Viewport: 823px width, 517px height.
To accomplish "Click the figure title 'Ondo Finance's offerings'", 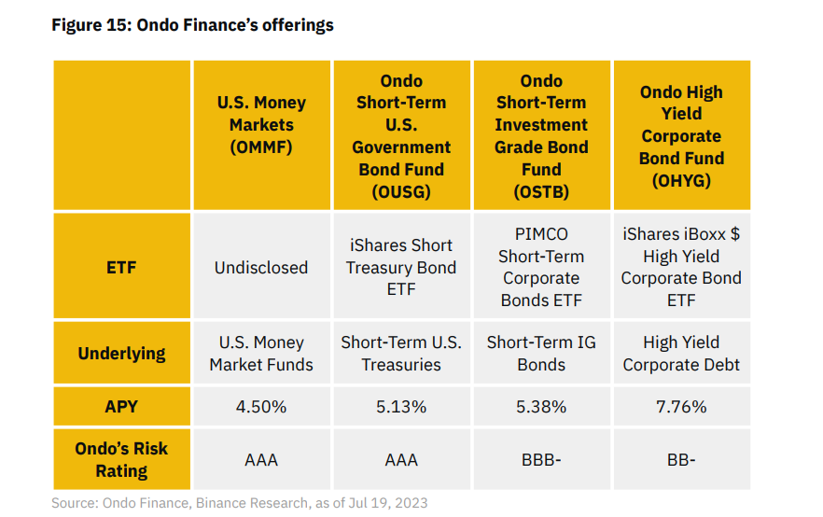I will tap(192, 25).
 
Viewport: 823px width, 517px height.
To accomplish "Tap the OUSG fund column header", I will tap(401, 136).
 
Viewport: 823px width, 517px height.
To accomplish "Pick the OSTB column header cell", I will tap(541, 136).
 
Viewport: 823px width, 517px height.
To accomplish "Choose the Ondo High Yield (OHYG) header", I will tap(681, 136).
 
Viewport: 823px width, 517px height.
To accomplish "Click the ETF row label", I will tap(121, 268).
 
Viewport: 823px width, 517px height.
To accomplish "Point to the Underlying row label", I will tap(121, 354).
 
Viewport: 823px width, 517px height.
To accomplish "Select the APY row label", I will tap(121, 407).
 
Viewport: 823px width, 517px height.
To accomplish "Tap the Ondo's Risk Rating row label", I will tap(121, 459).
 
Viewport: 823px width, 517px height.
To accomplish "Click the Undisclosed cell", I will tap(261, 268).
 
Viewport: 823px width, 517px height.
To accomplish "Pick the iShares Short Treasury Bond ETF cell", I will tap(401, 267).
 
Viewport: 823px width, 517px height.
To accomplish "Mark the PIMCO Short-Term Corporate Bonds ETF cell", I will tap(541, 267).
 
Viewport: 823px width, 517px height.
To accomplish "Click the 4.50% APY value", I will tap(261, 407).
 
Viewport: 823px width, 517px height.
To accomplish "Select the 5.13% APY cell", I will tap(401, 407).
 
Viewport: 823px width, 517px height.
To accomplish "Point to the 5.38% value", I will tap(541, 407).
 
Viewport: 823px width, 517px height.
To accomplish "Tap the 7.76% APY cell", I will tap(681, 407).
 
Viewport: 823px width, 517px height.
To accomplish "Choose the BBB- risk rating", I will tap(541, 460).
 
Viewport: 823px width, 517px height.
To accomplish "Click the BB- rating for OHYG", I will tap(681, 460).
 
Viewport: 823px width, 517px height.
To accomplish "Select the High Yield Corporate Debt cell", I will tap(681, 354).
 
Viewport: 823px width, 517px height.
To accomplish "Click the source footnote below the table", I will tap(240, 503).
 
